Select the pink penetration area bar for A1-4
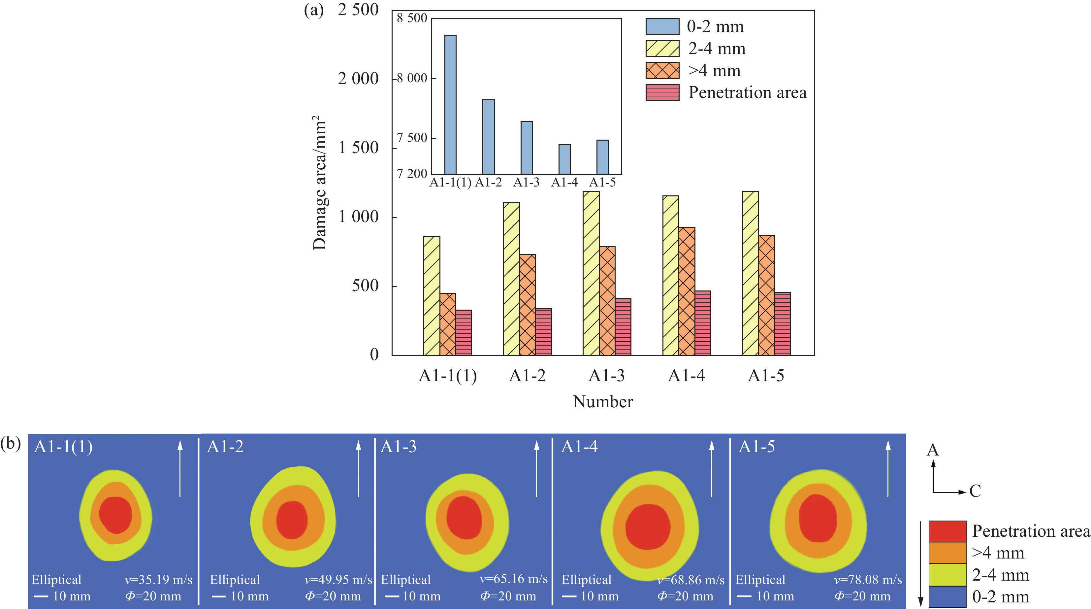(703, 323)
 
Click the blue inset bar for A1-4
(564, 159)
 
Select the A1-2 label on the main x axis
(527, 376)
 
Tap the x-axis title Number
(603, 402)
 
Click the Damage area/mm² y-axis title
(320, 183)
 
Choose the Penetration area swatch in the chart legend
(662, 92)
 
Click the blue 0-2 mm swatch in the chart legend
(662, 26)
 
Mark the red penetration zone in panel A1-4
(648, 527)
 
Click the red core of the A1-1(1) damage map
(115, 515)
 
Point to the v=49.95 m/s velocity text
(338, 579)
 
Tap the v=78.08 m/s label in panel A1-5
(868, 579)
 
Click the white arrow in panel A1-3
(537, 468)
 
